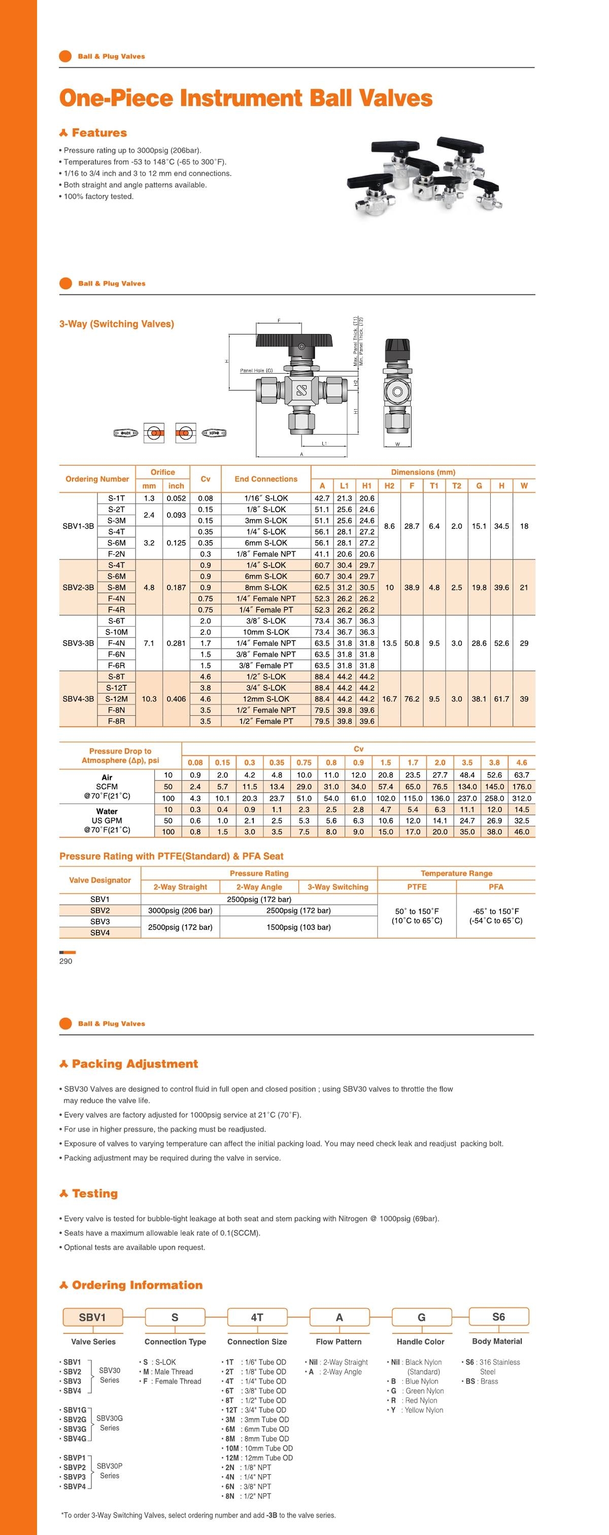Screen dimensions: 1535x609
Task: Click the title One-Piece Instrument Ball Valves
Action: [x=246, y=98]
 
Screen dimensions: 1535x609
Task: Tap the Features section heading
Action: [x=98, y=133]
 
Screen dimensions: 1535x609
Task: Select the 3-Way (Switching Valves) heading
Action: [x=117, y=324]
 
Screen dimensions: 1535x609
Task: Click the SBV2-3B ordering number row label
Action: [x=78, y=587]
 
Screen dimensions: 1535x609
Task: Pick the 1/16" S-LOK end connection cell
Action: [x=266, y=498]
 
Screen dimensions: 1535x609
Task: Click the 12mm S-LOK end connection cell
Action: [x=266, y=699]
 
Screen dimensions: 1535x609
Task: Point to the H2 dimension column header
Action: [x=389, y=486]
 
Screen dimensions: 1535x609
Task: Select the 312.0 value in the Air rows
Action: [x=521, y=798]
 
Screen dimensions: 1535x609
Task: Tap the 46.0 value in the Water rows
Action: [x=521, y=832]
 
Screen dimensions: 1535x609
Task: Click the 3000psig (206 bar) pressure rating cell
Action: [x=180, y=911]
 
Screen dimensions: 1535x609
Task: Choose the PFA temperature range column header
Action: [x=496, y=887]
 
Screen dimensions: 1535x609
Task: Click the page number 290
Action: [x=65, y=961]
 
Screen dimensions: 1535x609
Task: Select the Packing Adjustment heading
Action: [x=134, y=1064]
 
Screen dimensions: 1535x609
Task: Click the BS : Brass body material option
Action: [x=481, y=1381]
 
